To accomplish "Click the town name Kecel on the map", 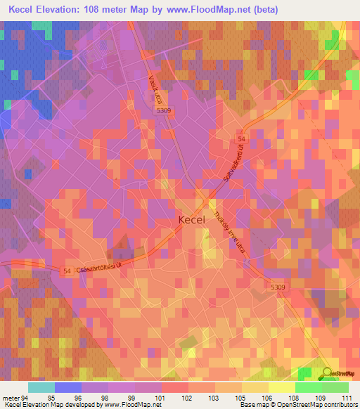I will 192,220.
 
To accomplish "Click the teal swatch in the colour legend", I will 41,387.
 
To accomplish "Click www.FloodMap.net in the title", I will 219,10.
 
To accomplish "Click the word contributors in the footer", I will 339,405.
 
